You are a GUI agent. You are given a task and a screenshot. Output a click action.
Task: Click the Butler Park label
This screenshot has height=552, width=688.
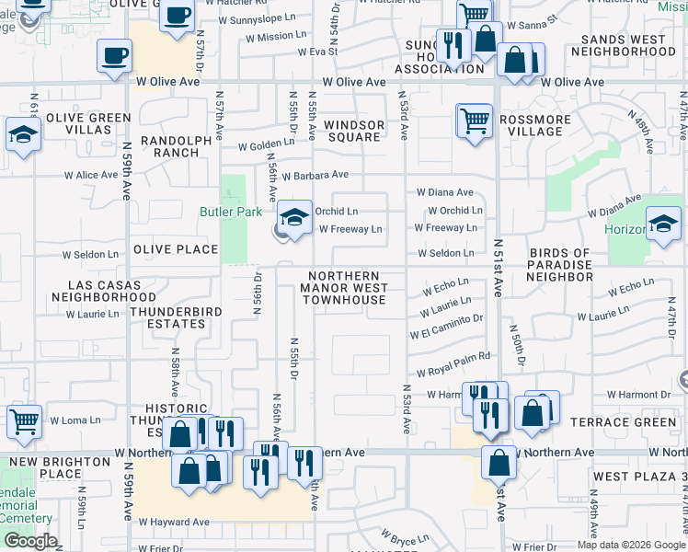click(x=225, y=211)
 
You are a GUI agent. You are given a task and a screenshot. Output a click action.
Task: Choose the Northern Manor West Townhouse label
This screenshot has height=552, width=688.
click(x=344, y=288)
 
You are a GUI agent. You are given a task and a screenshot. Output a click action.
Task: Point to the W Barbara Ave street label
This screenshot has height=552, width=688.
click(x=315, y=175)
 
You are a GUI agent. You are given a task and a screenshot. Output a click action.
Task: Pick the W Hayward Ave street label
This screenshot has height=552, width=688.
click(x=174, y=522)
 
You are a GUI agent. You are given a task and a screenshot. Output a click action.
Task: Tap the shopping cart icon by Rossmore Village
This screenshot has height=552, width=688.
click(x=474, y=120)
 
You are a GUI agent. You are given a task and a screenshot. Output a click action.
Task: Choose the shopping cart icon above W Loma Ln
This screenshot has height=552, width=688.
click(x=24, y=421)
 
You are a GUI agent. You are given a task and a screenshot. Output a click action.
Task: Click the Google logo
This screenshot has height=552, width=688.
click(x=30, y=541)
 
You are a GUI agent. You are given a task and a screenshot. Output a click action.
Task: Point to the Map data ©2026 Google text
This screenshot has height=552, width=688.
click(x=630, y=545)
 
